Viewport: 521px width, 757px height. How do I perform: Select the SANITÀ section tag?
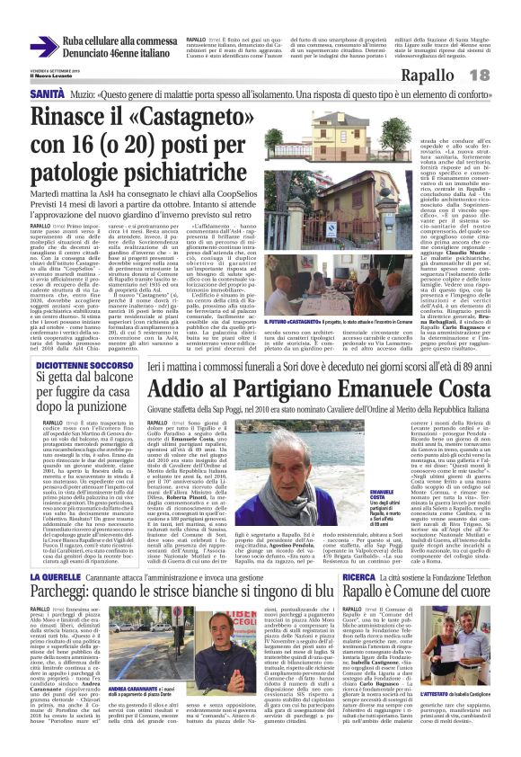(47, 93)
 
